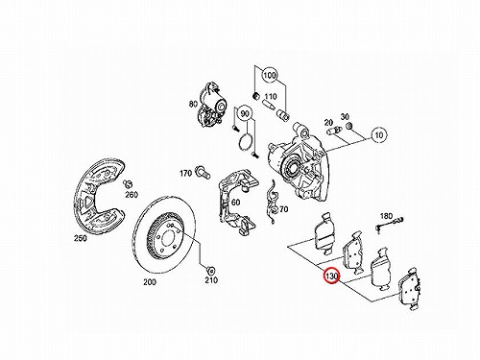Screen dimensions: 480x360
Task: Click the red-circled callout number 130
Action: click(332, 276)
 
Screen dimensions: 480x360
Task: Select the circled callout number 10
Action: click(379, 134)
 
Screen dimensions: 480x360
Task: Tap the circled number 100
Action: click(270, 76)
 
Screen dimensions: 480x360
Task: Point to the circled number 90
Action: click(245, 113)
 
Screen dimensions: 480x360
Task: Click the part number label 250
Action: click(80, 238)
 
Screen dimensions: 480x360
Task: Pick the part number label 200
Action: click(150, 282)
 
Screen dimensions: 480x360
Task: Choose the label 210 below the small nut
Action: click(211, 280)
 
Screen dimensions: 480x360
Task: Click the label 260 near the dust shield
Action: click(132, 195)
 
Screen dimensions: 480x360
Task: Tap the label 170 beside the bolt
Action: click(185, 174)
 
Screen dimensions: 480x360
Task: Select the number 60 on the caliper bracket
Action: click(235, 203)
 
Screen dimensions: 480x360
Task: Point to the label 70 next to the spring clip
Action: click(283, 209)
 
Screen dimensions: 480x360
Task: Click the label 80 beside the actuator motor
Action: click(193, 104)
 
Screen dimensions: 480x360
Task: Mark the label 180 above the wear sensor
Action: click(386, 216)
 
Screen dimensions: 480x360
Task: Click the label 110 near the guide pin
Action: click(271, 96)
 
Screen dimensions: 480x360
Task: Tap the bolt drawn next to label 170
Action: click(203, 171)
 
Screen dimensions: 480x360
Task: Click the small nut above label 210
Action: click(211, 270)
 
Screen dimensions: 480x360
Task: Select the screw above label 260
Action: click(128, 183)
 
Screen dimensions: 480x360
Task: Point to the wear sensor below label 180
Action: click(389, 224)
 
